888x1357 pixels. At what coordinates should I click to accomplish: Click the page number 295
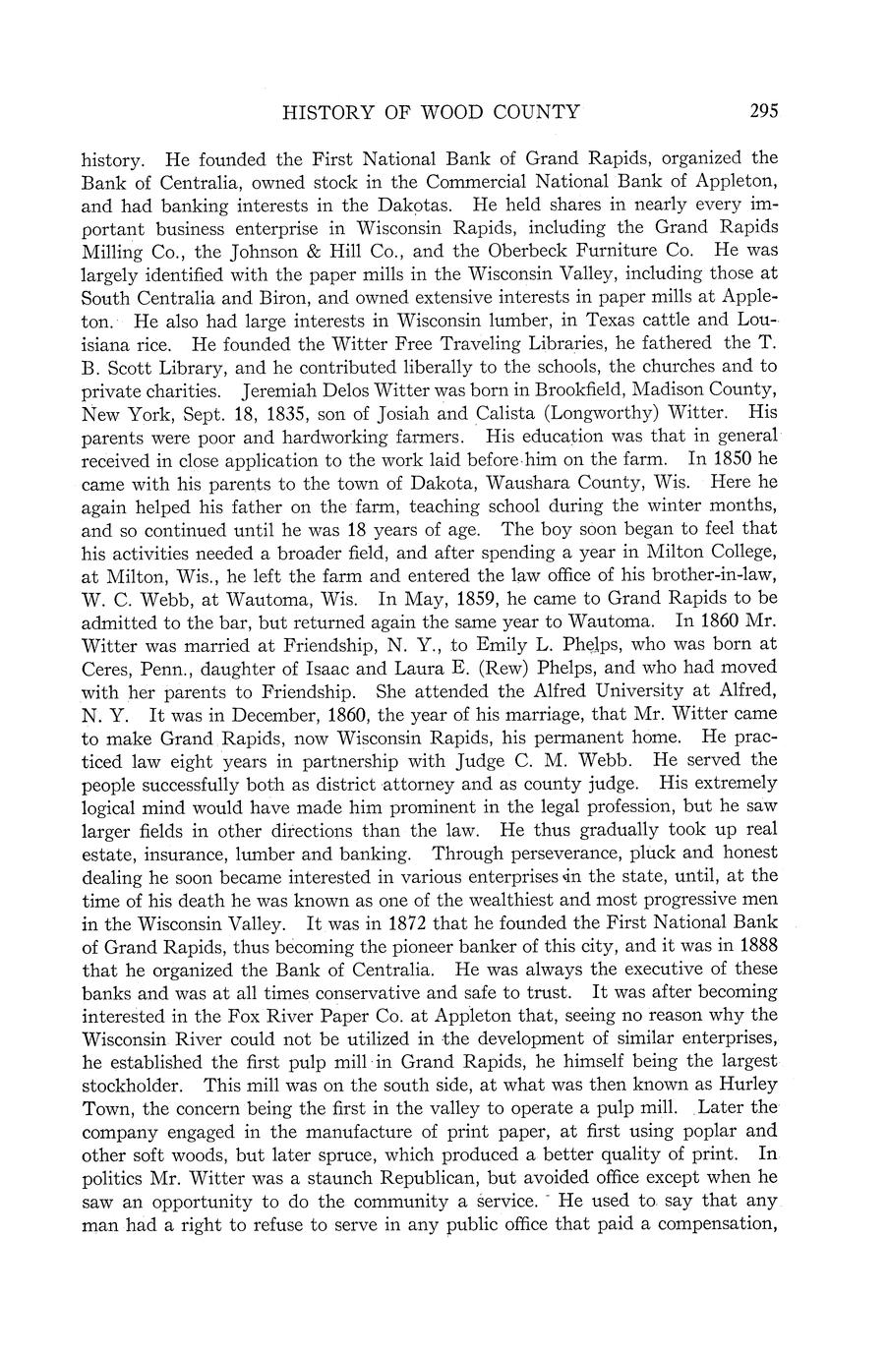click(762, 111)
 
